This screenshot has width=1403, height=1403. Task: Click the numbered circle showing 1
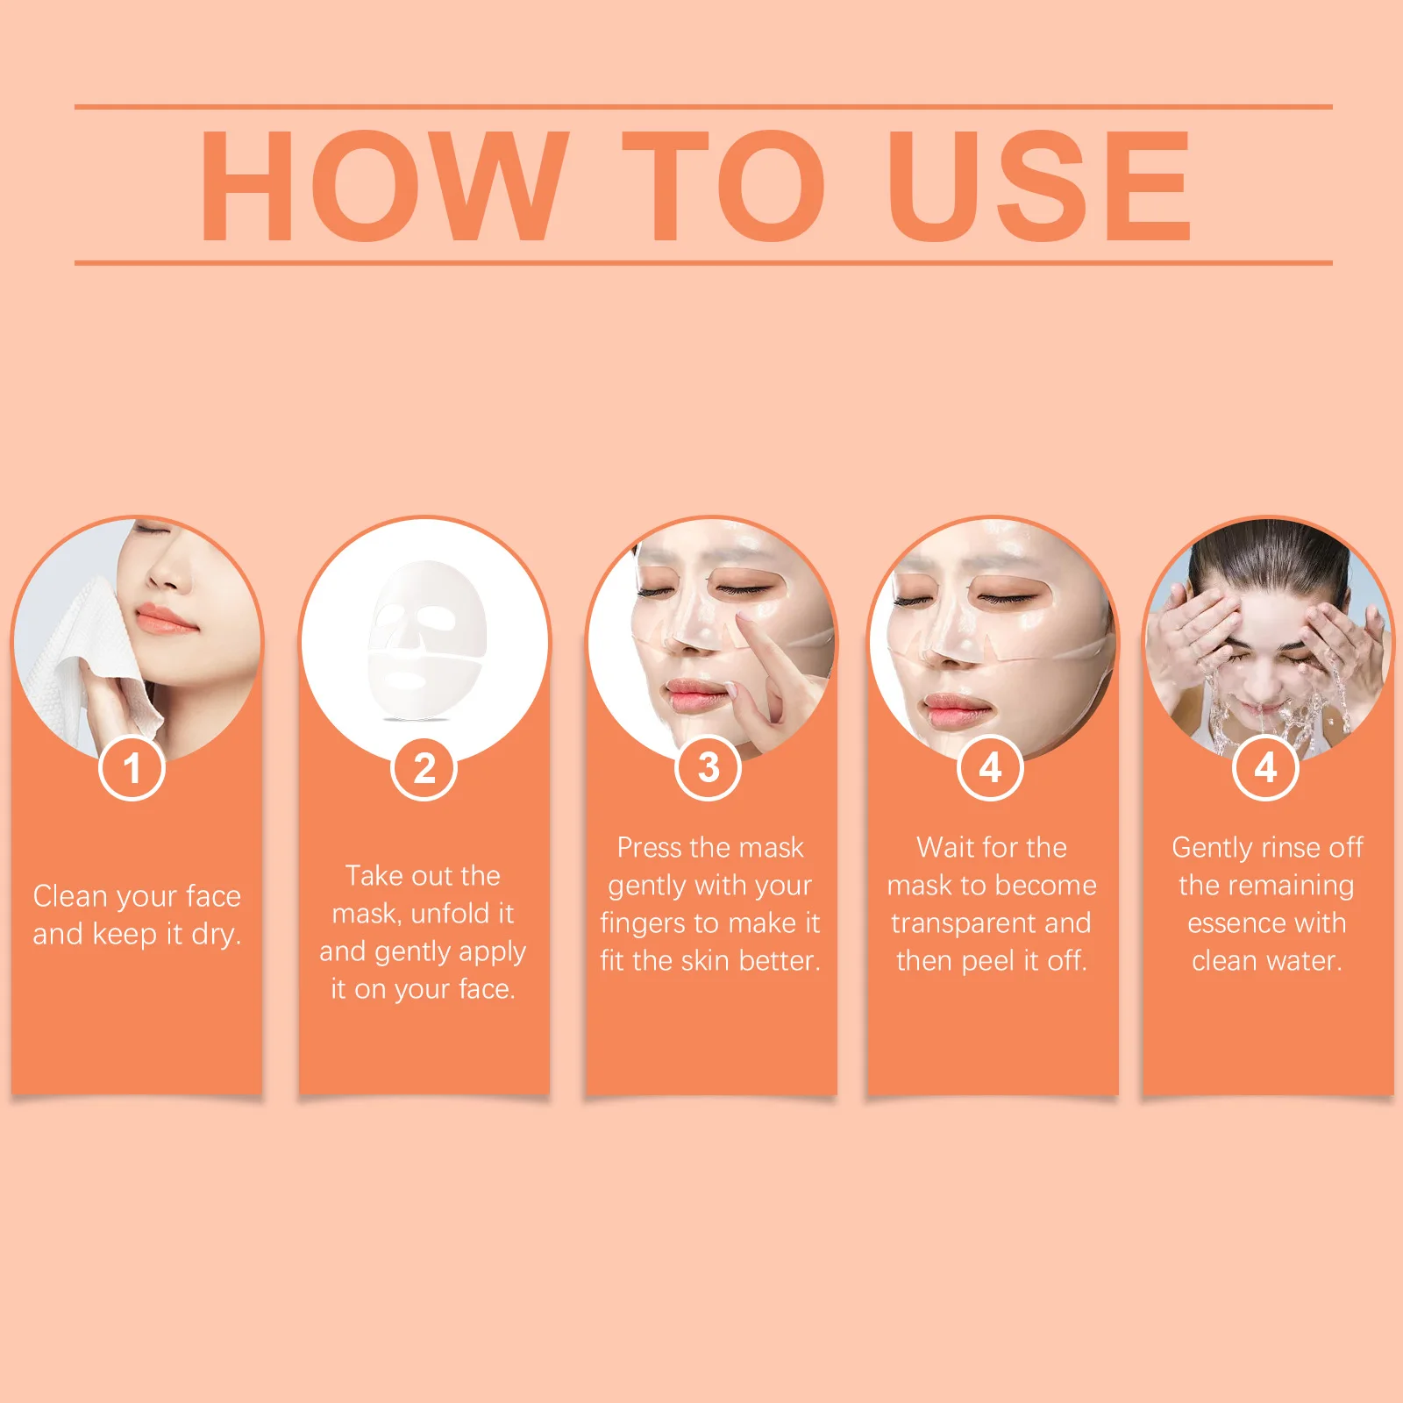(x=132, y=768)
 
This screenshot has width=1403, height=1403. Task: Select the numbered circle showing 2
(x=424, y=769)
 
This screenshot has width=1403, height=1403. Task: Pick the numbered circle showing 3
(x=709, y=768)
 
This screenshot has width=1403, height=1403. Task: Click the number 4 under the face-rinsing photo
(x=1265, y=768)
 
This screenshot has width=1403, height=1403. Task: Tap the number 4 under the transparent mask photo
(x=991, y=768)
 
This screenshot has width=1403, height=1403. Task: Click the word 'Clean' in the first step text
(x=69, y=896)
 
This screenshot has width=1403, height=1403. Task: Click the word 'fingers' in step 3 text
(x=643, y=923)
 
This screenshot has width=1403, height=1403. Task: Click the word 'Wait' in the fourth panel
(x=943, y=847)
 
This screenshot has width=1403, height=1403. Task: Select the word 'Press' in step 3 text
(x=649, y=847)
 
